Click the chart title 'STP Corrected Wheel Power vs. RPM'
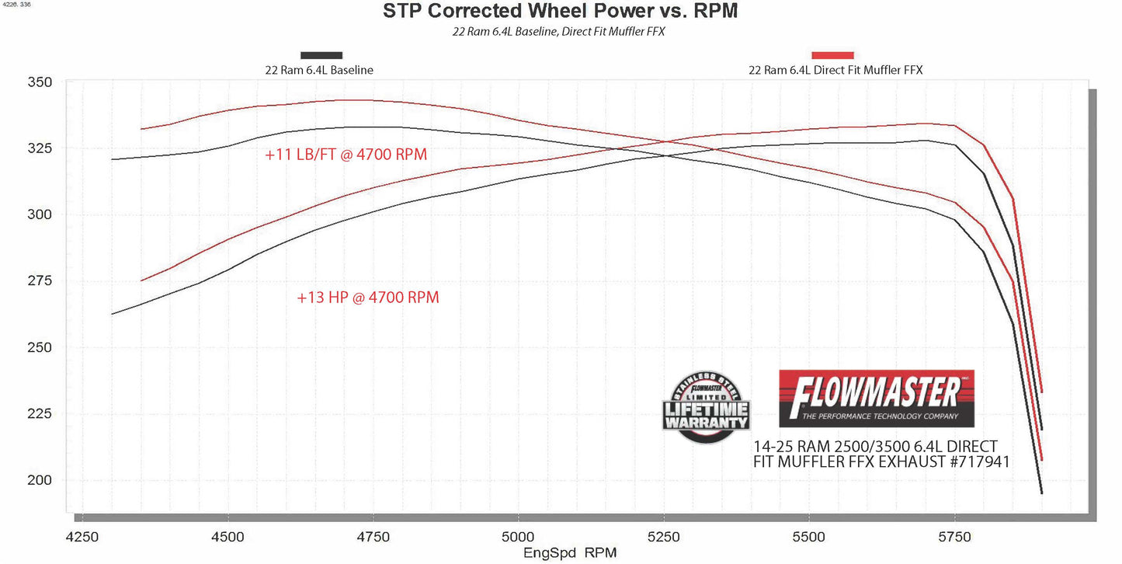[x=560, y=12]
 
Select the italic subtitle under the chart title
[x=560, y=33]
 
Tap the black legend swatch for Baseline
[x=321, y=55]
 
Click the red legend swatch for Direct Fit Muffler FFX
[x=832, y=55]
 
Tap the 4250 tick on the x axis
[x=82, y=537]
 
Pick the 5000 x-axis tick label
[x=518, y=537]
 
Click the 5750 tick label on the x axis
[x=954, y=537]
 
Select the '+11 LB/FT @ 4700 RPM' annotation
[x=346, y=155]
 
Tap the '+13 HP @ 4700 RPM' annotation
[x=367, y=298]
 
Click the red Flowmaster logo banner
[x=876, y=398]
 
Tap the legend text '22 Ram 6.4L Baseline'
[x=319, y=70]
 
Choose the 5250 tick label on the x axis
[x=663, y=537]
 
